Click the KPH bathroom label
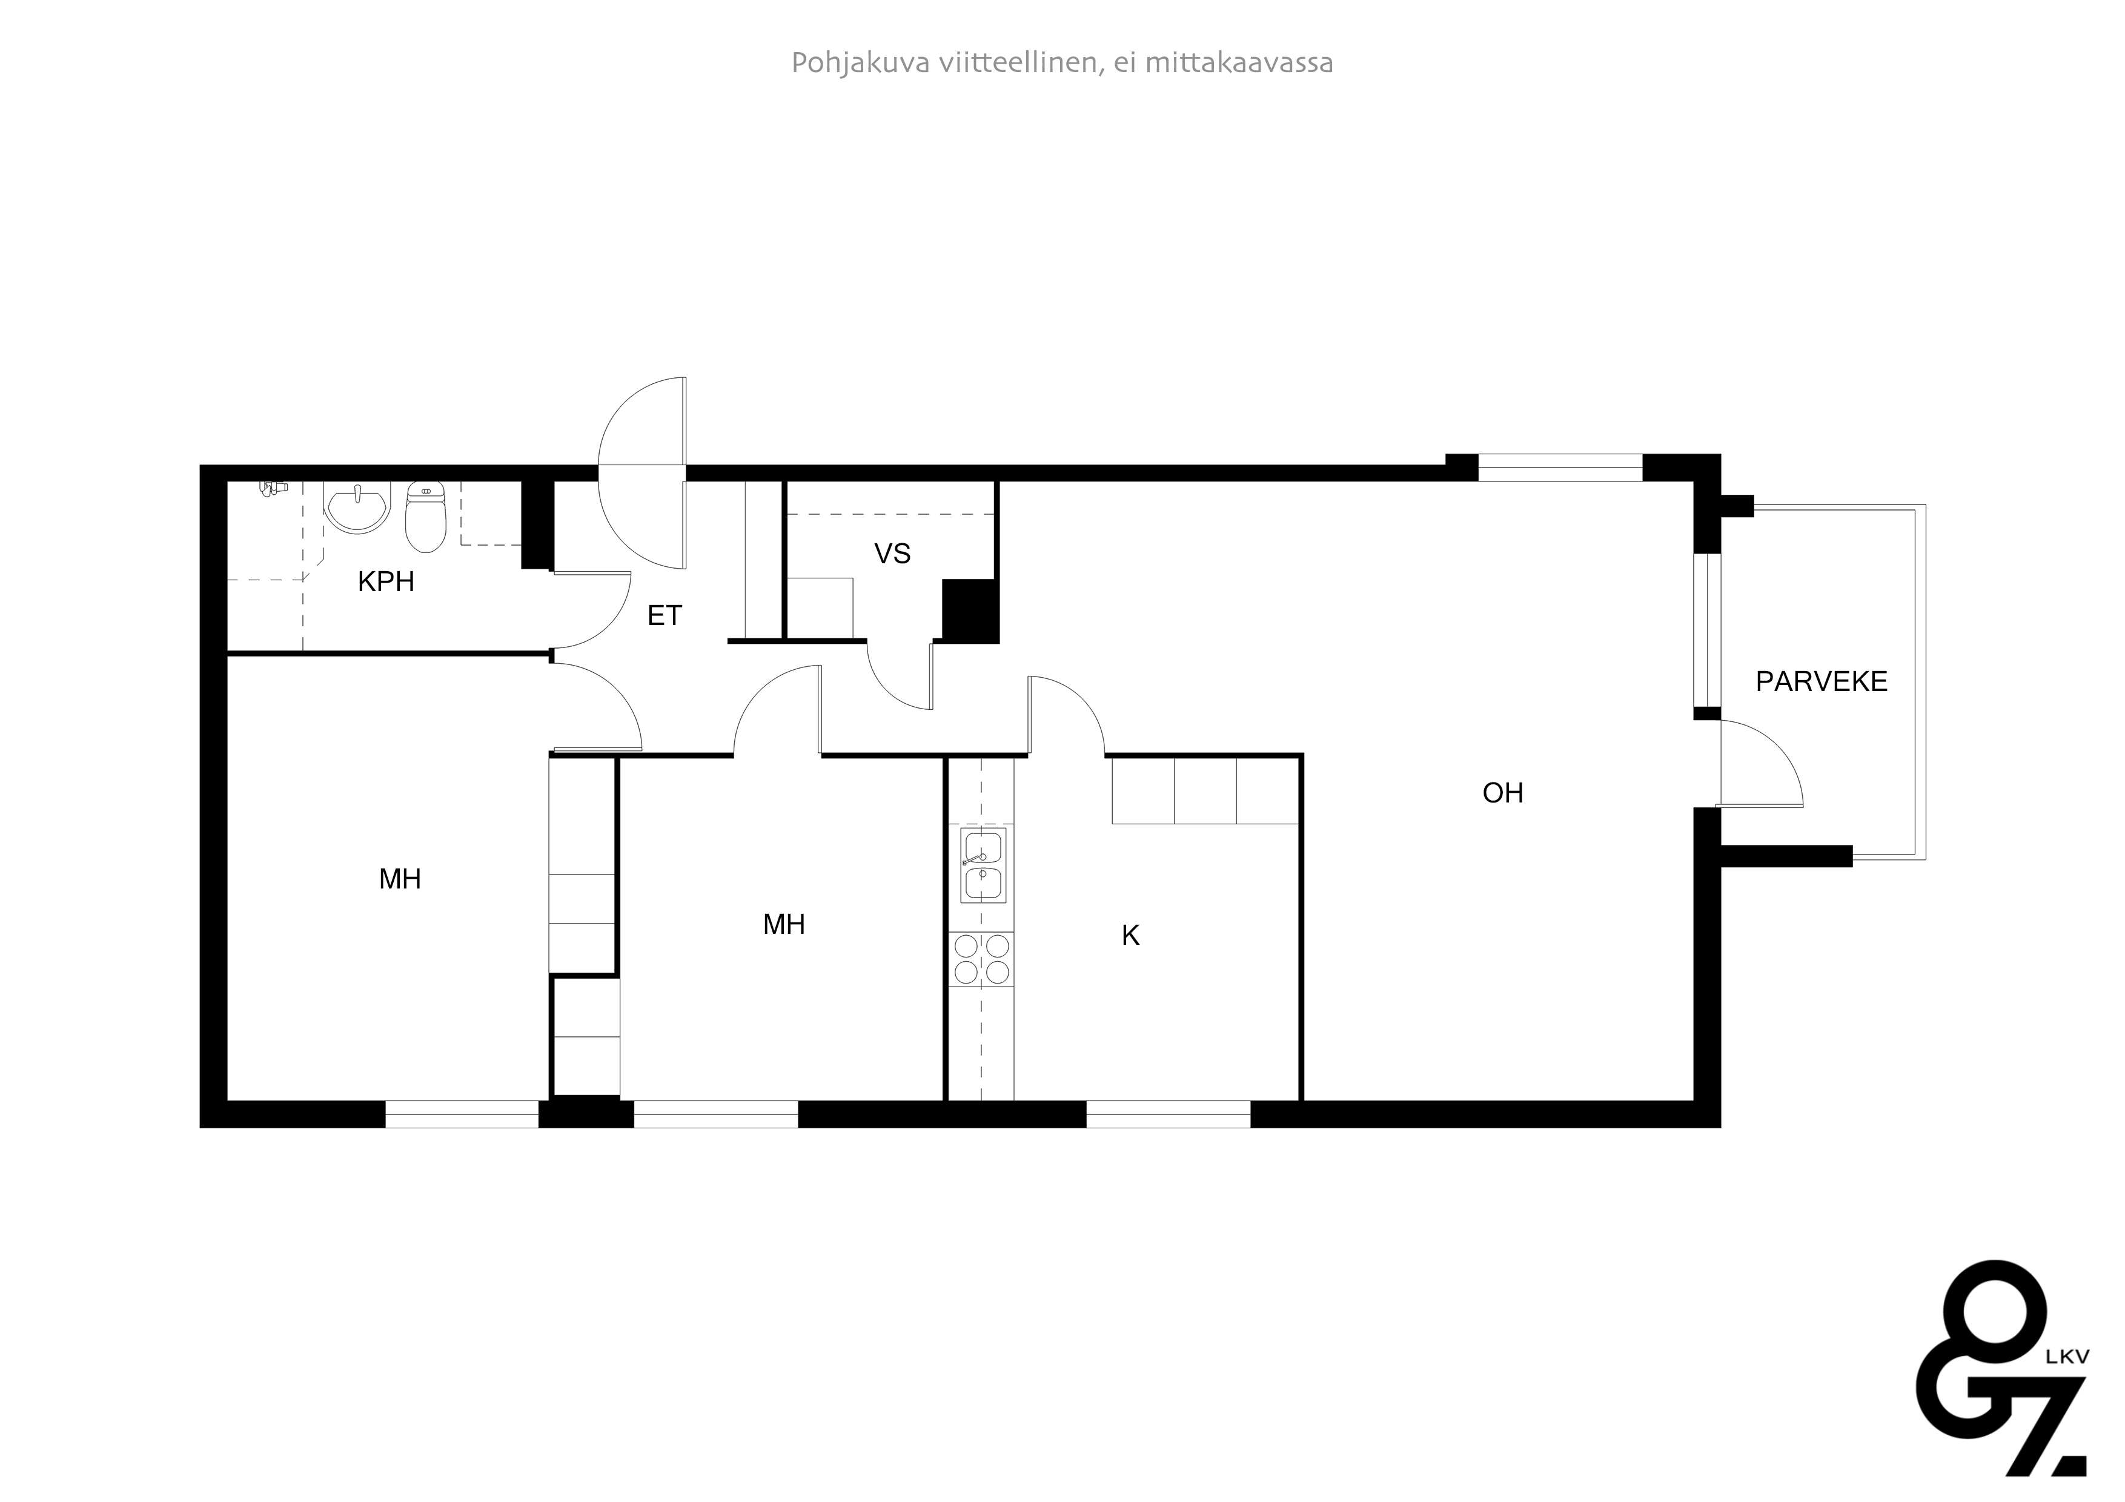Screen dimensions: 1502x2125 (x=386, y=582)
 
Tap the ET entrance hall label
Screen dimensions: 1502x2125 (x=665, y=615)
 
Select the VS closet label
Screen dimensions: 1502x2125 (x=892, y=554)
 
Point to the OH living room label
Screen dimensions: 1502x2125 (x=1502, y=793)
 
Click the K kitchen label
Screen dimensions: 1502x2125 (x=1130, y=936)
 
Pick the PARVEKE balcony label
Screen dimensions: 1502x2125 (x=1820, y=682)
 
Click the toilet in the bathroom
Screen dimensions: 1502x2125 (x=426, y=518)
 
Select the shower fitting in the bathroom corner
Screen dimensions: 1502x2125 (x=272, y=488)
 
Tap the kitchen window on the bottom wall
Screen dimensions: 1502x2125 (x=1168, y=1114)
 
